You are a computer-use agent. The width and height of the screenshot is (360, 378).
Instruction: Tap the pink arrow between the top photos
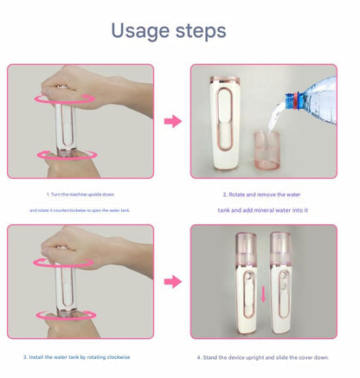[x=172, y=121]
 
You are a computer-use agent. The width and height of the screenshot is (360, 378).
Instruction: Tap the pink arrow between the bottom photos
[x=172, y=281]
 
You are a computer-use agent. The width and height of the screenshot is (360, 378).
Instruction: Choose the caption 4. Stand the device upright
[x=263, y=356]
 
